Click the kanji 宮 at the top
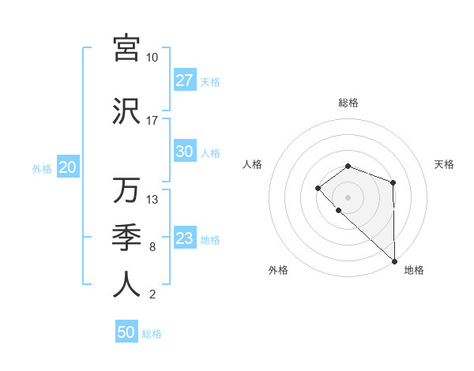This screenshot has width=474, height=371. tap(126, 49)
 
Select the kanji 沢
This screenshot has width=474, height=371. tap(126, 111)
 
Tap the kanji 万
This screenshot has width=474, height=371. tap(126, 190)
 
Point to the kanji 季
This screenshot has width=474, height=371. tap(126, 238)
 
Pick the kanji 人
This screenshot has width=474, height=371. tap(126, 285)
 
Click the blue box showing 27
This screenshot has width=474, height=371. tap(184, 81)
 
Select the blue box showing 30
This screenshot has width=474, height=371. tap(184, 152)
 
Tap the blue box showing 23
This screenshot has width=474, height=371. tap(184, 239)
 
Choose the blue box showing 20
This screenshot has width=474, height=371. tap(67, 167)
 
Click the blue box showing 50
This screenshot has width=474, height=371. tap(126, 332)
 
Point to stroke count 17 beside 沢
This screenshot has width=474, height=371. tap(152, 121)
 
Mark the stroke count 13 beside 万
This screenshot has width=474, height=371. tap(152, 200)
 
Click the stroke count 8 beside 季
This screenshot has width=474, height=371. tap(152, 247)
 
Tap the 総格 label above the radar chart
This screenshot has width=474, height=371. tap(348, 103)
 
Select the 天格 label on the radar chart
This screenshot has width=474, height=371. tap(444, 164)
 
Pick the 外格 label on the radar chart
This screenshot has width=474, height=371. tap(278, 271)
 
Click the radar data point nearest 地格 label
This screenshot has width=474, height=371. tap(394, 260)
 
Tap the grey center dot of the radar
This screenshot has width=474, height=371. tap(348, 197)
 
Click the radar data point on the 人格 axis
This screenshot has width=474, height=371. tap(318, 187)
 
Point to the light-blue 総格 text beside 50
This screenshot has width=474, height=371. tap(152, 334)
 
